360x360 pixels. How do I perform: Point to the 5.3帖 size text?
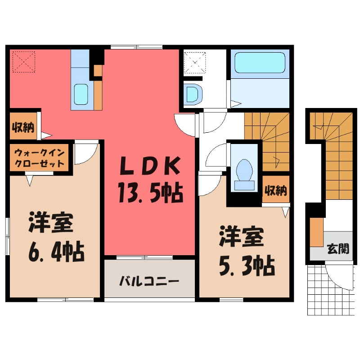[x=247, y=268]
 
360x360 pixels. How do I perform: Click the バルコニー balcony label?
[x=149, y=282]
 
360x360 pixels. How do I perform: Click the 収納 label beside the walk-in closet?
[x=22, y=127]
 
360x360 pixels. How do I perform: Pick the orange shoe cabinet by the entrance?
[x=317, y=232]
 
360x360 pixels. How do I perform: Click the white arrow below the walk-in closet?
[x=30, y=180]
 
